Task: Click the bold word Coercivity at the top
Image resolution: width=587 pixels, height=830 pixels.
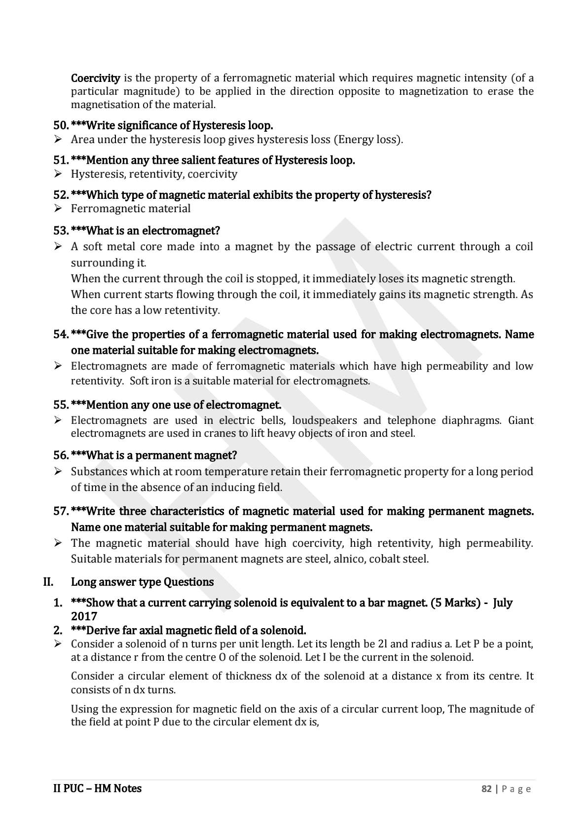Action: point(95,78)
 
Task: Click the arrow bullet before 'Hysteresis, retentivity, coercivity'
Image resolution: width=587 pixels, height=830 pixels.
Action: point(58,174)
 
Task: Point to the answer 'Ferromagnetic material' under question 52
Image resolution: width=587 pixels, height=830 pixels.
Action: point(131,209)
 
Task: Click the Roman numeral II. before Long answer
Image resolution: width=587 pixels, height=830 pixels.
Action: point(48,582)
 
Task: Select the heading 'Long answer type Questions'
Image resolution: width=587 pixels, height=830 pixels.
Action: point(142,582)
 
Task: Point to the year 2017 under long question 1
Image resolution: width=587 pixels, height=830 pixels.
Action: point(84,616)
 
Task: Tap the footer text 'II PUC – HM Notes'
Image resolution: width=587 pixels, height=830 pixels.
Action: point(97,789)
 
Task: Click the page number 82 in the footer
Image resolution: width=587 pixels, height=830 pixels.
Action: point(486,789)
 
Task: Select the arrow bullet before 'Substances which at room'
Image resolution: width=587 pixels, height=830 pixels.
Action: point(58,472)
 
